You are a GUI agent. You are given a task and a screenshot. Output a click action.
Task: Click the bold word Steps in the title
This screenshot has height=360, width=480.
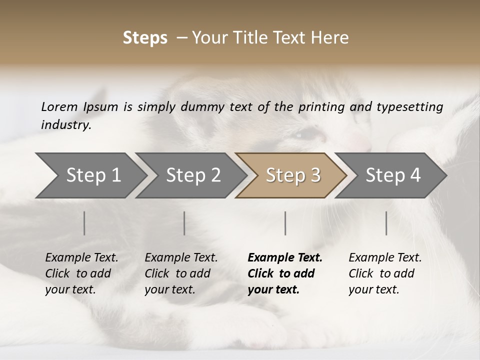pos(145,38)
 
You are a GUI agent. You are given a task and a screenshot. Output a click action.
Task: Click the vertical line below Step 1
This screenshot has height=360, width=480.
pos(84,223)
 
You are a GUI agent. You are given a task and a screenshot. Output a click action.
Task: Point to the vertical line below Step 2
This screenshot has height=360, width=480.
pos(184,223)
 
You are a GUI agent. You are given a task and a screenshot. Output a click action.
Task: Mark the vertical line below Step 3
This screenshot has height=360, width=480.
pos(285,223)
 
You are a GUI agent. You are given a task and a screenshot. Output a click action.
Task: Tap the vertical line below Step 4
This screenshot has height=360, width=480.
pos(386,223)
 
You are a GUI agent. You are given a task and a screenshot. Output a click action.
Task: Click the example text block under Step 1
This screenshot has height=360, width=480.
pos(81,273)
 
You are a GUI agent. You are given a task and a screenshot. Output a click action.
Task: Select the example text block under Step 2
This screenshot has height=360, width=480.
pos(181,273)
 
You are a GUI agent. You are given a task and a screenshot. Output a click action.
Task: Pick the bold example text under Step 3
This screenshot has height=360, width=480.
pos(285,273)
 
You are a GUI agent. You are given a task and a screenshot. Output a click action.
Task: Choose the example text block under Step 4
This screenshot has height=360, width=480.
pos(385,273)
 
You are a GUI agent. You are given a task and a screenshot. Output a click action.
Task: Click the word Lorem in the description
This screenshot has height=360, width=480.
pos(59,106)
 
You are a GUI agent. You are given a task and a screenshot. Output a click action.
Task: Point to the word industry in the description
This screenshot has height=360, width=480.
pos(65,125)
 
